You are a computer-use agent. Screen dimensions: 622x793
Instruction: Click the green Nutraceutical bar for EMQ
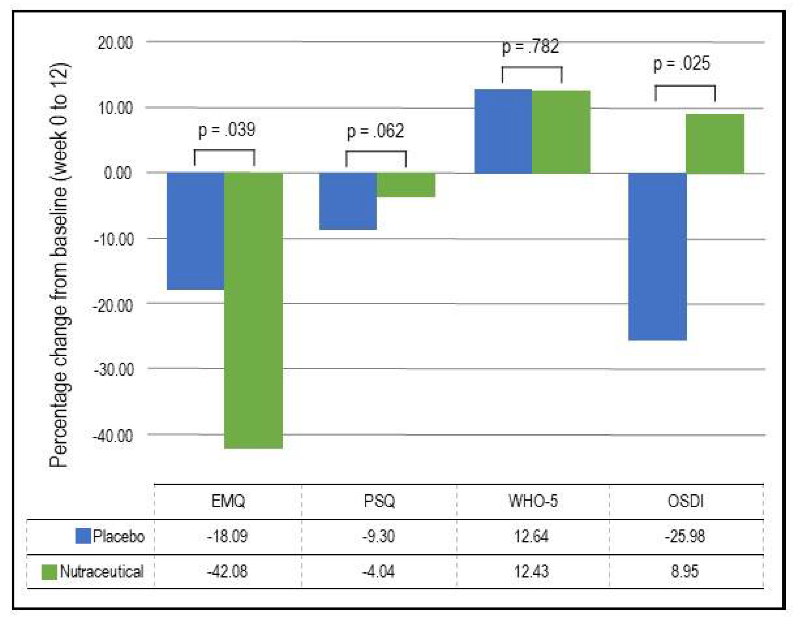[x=253, y=310]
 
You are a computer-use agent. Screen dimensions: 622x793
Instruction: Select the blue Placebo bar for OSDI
[x=657, y=257]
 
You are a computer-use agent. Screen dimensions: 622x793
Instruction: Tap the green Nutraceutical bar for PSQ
[x=405, y=185]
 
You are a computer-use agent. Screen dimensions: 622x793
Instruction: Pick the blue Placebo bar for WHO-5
[x=503, y=131]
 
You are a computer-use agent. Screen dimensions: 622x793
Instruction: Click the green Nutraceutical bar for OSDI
[x=714, y=144]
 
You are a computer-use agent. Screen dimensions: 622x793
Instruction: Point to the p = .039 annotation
[x=227, y=130]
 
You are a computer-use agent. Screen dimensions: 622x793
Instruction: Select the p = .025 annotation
[x=681, y=63]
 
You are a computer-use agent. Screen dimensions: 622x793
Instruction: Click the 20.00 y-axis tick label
[x=115, y=43]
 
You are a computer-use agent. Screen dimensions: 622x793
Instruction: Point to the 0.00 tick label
[x=117, y=173]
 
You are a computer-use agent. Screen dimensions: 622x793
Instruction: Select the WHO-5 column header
[x=533, y=501]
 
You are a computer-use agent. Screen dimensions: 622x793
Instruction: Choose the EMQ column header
[x=228, y=501]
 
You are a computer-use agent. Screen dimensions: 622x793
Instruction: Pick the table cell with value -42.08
[x=227, y=571]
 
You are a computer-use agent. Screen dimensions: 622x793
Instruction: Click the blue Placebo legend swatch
[x=83, y=536]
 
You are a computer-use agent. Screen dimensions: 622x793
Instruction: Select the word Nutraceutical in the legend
[x=102, y=571]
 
